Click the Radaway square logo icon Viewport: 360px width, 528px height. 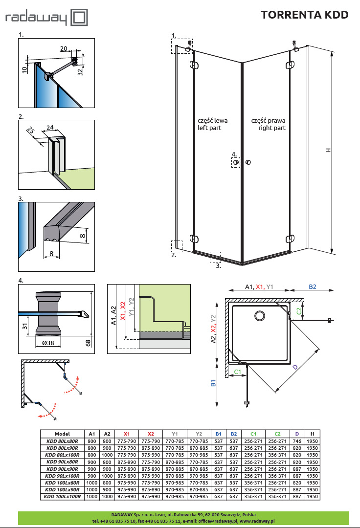pos(79,18)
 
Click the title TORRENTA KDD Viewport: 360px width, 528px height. pos(305,15)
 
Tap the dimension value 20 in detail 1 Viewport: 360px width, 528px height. pos(64,49)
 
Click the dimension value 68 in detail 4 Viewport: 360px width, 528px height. pos(88,343)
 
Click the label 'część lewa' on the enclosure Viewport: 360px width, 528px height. pos(212,120)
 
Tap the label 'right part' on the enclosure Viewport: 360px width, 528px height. pos(272,128)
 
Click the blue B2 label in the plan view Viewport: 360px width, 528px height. pos(312,287)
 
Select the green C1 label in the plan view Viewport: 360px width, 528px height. pos(237,372)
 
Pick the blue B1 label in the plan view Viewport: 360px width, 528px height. pos(213,383)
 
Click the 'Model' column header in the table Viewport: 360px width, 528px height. pos(62,434)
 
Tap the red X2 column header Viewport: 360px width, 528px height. pos(151,434)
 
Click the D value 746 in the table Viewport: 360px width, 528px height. pos(297,440)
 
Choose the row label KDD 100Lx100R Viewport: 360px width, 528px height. pos(62,497)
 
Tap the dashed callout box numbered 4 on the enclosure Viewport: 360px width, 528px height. pos(236,162)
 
